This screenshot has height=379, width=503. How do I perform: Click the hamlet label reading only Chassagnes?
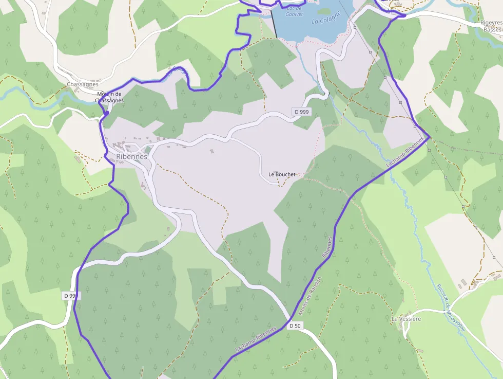pos(82,84)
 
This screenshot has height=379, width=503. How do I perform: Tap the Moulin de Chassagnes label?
pos(110,97)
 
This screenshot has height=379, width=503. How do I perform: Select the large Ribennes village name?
pos(132,157)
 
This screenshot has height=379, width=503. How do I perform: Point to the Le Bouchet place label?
pos(282,174)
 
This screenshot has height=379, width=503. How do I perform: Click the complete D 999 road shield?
pos(301,112)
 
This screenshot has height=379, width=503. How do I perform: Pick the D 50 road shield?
pos(295,326)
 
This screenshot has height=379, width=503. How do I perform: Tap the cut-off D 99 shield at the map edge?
pos(71,296)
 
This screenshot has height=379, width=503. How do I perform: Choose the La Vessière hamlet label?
pos(406,319)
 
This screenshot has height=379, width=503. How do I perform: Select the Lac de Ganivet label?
pos(294,11)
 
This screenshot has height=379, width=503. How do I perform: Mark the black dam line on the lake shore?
pos(274,23)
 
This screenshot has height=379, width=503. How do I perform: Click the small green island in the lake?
pos(324,10)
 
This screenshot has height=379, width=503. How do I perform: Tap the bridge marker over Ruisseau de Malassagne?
pos(444,311)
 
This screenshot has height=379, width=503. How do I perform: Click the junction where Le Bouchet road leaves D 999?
pos(229,138)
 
